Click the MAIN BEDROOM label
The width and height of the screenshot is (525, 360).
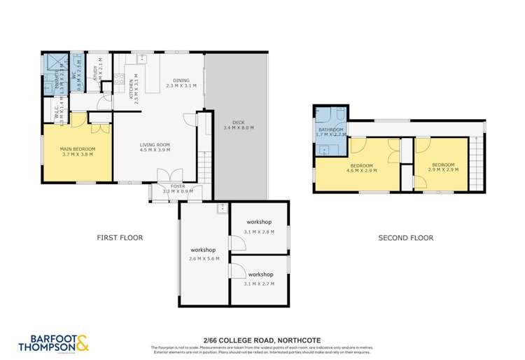[x=78, y=149]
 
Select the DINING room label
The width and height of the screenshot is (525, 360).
[x=181, y=81]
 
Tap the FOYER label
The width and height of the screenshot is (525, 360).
[x=178, y=186]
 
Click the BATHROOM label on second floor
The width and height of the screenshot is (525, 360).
[x=330, y=130]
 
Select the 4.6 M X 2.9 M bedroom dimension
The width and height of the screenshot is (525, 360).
[x=361, y=170]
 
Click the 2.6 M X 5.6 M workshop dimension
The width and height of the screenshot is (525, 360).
[x=204, y=258]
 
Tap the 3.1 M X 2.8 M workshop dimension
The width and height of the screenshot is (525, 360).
[x=259, y=231]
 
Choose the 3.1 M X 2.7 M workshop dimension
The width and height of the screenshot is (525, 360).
[x=259, y=284]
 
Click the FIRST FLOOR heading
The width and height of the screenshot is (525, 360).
[x=120, y=238]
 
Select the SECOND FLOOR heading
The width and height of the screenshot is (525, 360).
[x=405, y=238]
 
